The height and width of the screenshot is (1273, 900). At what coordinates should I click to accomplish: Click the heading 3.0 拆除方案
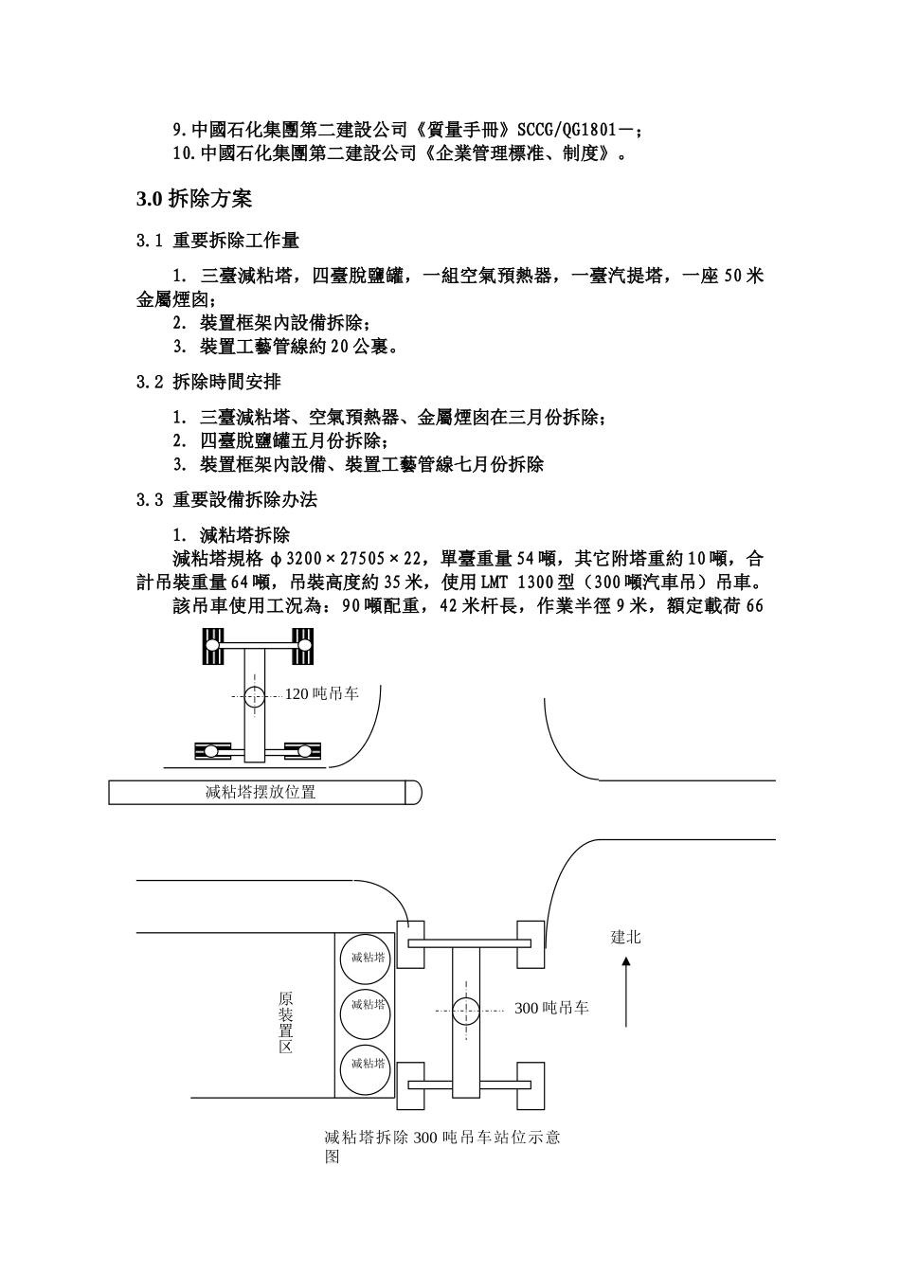click(194, 199)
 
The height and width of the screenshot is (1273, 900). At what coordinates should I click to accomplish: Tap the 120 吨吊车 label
click(322, 694)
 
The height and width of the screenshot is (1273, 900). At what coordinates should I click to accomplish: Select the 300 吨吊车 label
click(551, 1009)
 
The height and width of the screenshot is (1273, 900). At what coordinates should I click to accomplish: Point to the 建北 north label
click(625, 938)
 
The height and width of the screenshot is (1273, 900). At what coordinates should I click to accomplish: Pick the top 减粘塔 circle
click(365, 958)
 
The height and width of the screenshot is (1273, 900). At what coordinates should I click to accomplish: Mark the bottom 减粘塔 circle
click(365, 1064)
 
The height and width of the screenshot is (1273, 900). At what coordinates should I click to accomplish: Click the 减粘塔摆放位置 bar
click(261, 792)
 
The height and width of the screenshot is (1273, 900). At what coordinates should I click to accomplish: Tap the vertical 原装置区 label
click(285, 1023)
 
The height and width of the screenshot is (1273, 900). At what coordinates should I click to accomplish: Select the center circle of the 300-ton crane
click(465, 1012)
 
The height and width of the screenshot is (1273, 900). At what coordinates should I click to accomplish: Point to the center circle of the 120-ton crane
click(254, 697)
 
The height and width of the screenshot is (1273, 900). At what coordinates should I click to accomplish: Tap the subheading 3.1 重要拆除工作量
click(218, 242)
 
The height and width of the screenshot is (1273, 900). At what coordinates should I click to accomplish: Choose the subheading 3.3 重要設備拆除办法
click(226, 499)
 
